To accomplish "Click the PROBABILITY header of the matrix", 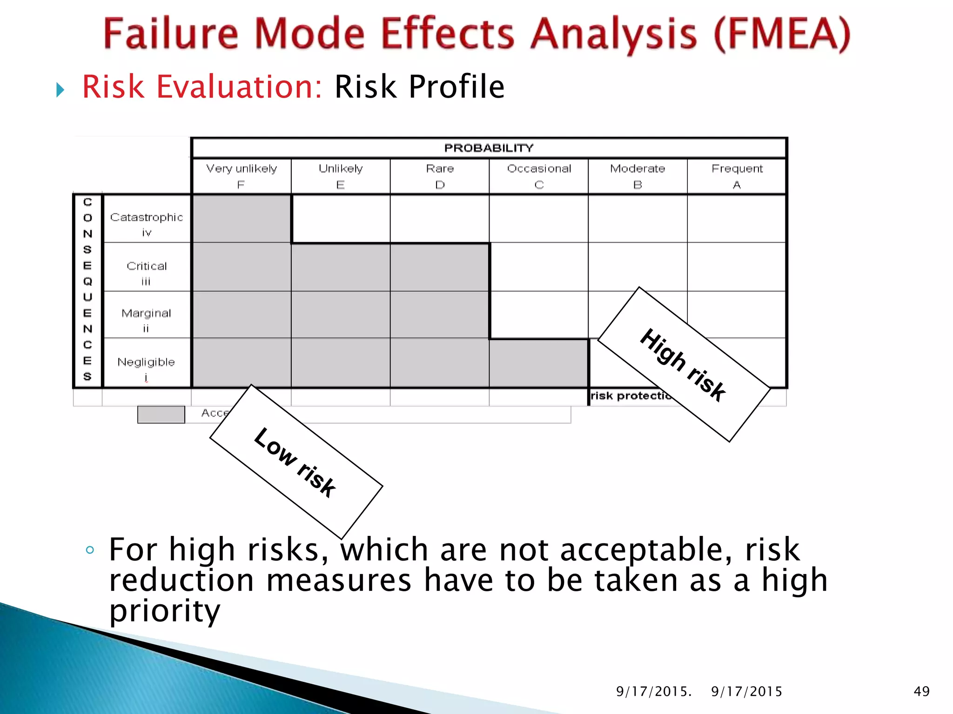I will [x=489, y=148].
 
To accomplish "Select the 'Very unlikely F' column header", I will [x=241, y=176].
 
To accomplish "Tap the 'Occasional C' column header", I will [x=539, y=176].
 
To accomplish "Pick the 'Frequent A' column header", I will [x=737, y=176].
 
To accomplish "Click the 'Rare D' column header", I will [x=440, y=176].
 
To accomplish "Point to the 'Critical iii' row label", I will [x=147, y=272].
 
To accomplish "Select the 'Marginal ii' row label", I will [x=147, y=320].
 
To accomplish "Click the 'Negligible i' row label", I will [x=147, y=368].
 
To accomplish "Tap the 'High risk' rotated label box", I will [x=683, y=364].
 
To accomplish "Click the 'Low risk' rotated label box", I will [x=296, y=462].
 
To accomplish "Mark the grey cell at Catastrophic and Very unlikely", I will [x=242, y=219].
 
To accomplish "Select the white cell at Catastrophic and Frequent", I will [x=737, y=219].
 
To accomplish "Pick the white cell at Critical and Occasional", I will [x=539, y=267].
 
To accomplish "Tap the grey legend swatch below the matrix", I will [x=161, y=414].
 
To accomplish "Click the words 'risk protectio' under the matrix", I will [x=630, y=396].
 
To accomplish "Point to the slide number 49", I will [x=921, y=691].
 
